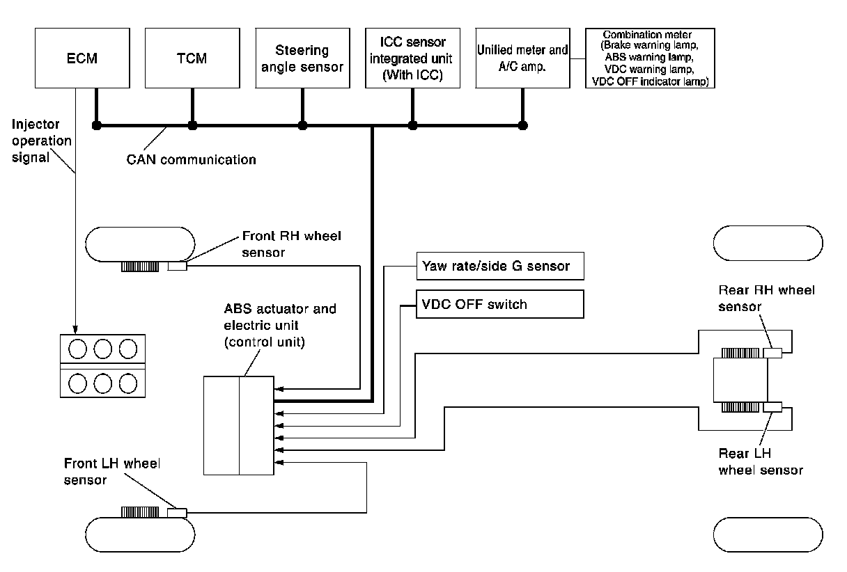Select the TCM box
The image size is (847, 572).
[x=192, y=58]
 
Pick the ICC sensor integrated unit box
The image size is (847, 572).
[x=413, y=58]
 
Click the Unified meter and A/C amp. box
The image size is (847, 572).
[x=522, y=58]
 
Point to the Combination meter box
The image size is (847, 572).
[x=653, y=58]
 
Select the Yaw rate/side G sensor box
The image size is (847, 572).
[x=499, y=266]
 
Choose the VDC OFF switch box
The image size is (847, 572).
[x=499, y=304]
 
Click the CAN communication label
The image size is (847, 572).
[x=192, y=160]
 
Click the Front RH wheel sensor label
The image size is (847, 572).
[x=291, y=244]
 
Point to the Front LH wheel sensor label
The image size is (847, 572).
[x=111, y=471]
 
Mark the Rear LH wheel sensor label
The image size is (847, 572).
[x=760, y=461]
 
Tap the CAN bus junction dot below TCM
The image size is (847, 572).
[x=192, y=126]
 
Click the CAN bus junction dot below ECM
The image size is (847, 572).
[x=97, y=126]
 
